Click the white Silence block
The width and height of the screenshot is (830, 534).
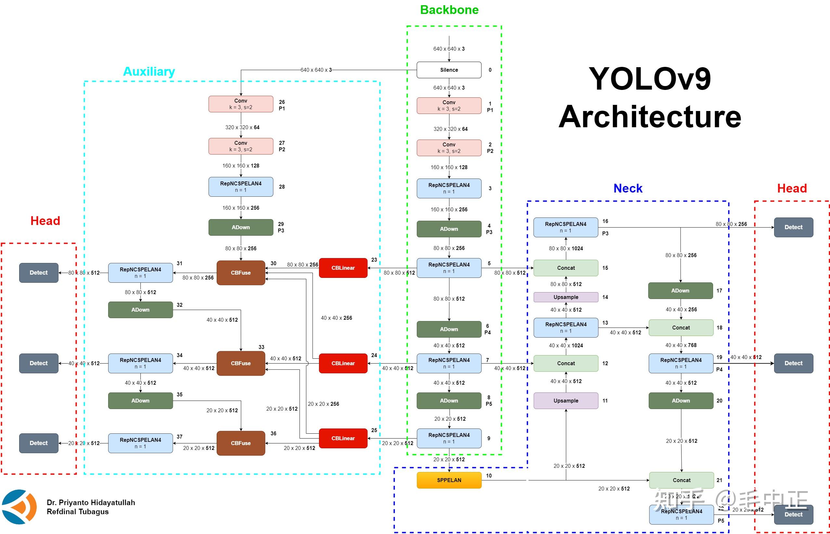(x=449, y=70)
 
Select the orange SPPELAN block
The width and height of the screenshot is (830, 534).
(x=449, y=480)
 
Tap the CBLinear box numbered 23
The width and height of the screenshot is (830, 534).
(x=343, y=268)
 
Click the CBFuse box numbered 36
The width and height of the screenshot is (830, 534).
(x=240, y=443)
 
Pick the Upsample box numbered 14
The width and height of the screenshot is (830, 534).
(x=566, y=297)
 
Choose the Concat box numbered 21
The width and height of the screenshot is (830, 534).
(x=681, y=480)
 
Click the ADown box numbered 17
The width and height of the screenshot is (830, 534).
(x=680, y=291)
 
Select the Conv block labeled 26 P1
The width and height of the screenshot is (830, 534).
(x=240, y=104)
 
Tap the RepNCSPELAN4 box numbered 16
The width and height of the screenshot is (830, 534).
(x=566, y=228)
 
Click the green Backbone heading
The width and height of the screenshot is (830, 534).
(x=449, y=10)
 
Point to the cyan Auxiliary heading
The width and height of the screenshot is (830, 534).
(x=149, y=71)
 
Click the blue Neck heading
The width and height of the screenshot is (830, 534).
(x=628, y=188)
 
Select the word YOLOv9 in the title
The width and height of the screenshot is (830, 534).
(x=650, y=79)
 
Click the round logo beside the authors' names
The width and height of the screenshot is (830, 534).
(x=19, y=507)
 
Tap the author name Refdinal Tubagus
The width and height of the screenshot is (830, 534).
(x=77, y=512)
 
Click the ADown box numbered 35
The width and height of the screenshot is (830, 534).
(x=140, y=401)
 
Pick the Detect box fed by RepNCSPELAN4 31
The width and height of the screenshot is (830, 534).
(x=39, y=273)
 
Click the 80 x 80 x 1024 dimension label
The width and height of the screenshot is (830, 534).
(x=566, y=249)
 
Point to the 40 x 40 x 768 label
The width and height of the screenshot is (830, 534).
(x=681, y=345)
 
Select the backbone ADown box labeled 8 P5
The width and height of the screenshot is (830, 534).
(x=449, y=401)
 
